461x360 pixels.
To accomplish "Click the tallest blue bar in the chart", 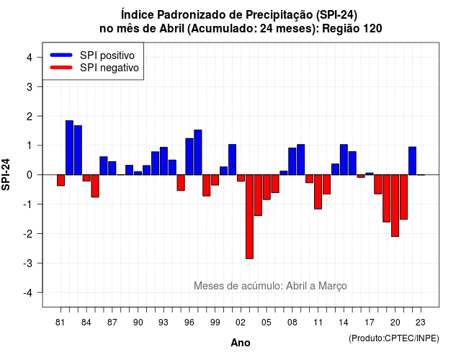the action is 69,148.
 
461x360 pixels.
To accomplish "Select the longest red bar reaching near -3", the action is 249,217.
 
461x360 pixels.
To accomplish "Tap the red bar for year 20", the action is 395,205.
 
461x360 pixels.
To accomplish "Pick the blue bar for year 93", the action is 164,161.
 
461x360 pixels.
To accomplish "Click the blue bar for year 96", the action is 189,157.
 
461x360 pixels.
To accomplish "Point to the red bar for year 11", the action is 318,192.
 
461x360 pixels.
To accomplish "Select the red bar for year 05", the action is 267,187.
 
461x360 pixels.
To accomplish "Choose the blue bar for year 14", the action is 344,160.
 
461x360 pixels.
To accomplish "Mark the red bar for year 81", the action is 61,180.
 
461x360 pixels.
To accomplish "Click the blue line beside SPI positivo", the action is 61,55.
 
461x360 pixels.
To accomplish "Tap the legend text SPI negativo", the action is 109,68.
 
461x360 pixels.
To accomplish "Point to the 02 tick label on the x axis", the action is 241,323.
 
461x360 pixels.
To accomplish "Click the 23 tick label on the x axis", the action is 421,323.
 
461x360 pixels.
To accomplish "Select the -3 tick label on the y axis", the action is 28,263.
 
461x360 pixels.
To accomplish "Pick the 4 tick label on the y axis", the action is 30,57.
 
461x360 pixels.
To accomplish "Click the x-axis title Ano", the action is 241,343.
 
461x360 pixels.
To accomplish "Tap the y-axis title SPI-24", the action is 6,174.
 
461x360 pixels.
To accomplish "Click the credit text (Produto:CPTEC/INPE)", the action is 394,338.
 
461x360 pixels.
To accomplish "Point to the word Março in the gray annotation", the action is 333,286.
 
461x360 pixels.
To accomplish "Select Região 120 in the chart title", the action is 352,29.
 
